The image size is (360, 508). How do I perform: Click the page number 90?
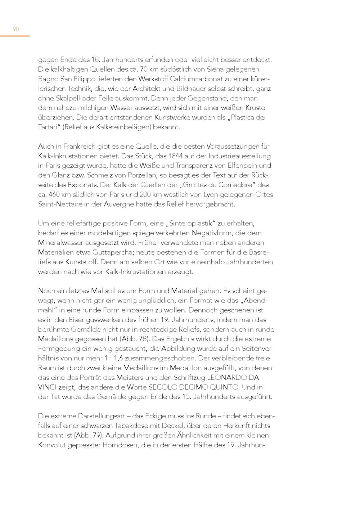point(15,29)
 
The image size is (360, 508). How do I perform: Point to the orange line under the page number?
point(15,36)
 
